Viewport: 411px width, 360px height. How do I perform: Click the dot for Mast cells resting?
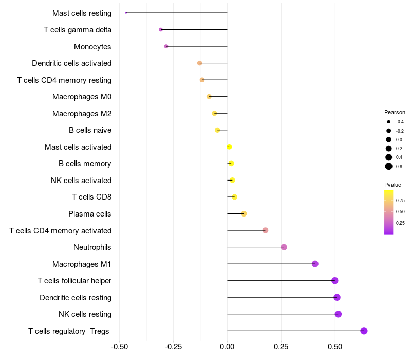(126, 13)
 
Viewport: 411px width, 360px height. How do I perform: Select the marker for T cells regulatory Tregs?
(364, 331)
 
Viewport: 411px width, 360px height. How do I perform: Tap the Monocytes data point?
(166, 46)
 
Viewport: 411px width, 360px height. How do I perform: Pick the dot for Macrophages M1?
(315, 264)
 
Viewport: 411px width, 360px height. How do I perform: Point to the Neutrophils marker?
(284, 247)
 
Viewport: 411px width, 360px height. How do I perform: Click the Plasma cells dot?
(244, 213)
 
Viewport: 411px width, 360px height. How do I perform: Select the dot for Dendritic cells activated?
(200, 63)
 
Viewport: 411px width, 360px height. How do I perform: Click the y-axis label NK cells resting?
(85, 314)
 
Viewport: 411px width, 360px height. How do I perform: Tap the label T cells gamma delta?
(78, 30)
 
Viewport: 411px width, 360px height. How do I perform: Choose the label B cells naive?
(90, 130)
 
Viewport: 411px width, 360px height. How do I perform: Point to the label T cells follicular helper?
(74, 281)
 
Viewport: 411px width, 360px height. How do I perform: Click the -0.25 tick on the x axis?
(173, 347)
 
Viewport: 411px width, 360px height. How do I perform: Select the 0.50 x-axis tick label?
(335, 347)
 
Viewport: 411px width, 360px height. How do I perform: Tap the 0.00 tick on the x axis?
(227, 347)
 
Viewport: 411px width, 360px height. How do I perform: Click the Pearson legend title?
(395, 112)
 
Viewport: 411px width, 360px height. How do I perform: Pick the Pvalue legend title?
(393, 185)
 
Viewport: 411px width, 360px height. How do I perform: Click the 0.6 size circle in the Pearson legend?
(389, 166)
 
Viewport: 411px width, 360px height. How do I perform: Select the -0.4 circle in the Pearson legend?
(389, 122)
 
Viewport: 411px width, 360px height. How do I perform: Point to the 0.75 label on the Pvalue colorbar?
(400, 201)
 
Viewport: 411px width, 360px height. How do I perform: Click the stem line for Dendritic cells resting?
(282, 297)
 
